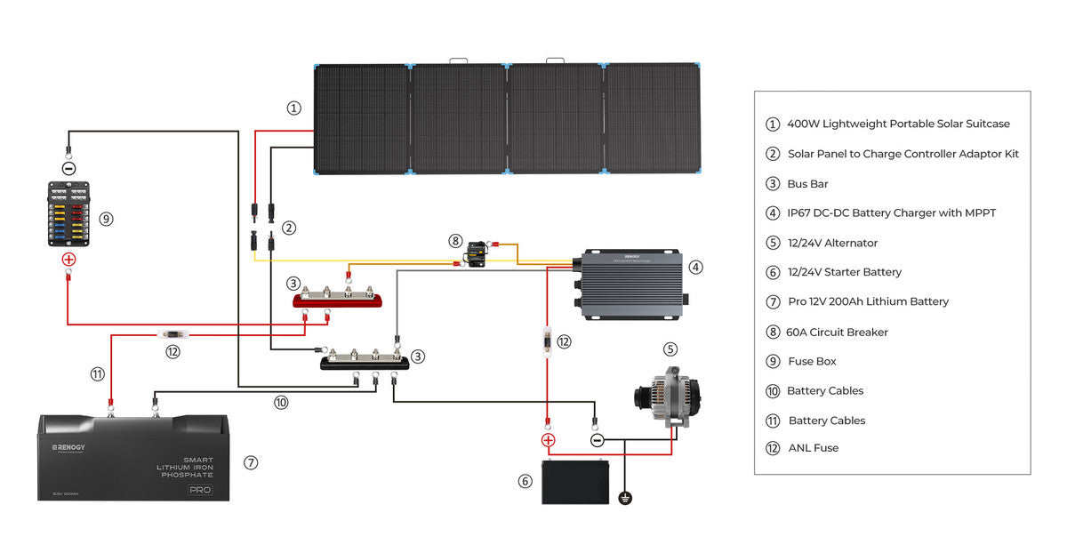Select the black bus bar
[365, 362]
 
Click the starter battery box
[576, 482]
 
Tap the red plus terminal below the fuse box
[68, 260]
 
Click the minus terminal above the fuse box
[68, 167]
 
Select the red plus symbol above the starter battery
[548, 440]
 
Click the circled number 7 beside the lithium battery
[251, 462]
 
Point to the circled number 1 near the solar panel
[294, 108]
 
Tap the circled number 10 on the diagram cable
[281, 402]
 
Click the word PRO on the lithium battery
[200, 490]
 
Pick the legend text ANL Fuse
[813, 448]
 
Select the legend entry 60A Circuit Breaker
[837, 332]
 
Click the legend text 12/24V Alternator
[832, 243]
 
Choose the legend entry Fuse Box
[812, 361]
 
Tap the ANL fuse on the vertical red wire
[547, 341]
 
